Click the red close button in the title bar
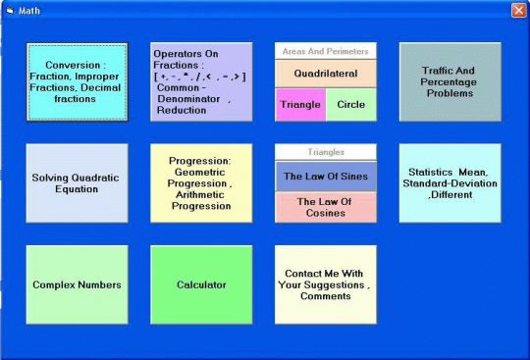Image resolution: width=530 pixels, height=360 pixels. [x=518, y=10]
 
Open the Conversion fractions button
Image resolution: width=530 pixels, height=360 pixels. [x=77, y=81]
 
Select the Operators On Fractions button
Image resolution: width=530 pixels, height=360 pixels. [x=200, y=81]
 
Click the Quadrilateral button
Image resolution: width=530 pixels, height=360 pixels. [x=326, y=74]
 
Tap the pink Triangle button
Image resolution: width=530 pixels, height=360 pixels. [x=299, y=104]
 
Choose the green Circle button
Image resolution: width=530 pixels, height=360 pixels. [x=350, y=104]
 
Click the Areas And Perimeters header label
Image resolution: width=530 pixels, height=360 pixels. [x=326, y=50]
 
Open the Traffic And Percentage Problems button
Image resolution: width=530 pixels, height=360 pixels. [x=450, y=81]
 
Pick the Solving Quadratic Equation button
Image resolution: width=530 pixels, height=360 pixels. [x=77, y=183]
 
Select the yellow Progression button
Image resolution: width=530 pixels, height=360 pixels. [x=200, y=183]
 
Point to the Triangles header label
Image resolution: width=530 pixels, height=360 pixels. [x=326, y=152]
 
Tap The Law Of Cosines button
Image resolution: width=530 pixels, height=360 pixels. [x=326, y=207]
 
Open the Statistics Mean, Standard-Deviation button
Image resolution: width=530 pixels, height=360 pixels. [x=450, y=183]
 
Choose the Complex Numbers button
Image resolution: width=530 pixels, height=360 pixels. [x=77, y=284]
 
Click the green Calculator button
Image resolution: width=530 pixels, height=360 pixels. [x=200, y=284]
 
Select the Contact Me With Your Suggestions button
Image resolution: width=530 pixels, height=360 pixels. [x=326, y=284]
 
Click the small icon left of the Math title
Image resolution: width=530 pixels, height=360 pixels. [x=10, y=10]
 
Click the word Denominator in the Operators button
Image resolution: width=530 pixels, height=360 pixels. [x=187, y=99]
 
